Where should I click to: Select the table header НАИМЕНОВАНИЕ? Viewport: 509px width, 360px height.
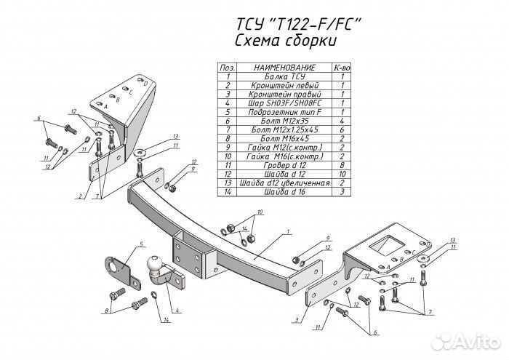click(284, 67)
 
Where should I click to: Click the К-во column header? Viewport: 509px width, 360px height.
click(341, 67)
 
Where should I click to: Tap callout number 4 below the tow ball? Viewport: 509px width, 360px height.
click(177, 311)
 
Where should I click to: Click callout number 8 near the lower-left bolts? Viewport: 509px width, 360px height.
click(107, 311)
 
